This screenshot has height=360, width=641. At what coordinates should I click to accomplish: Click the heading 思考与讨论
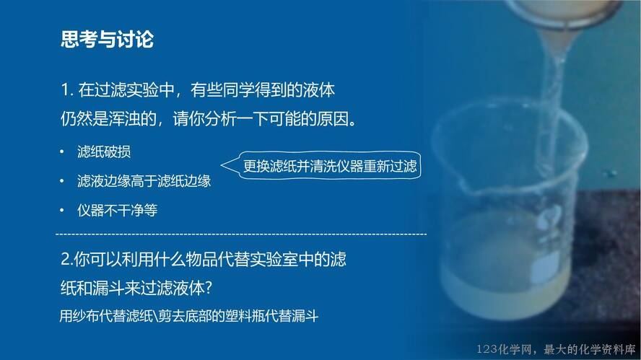click(x=107, y=40)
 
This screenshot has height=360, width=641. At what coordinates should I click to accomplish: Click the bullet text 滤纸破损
click(x=104, y=152)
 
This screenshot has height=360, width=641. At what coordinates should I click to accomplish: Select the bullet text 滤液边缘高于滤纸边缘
click(x=144, y=181)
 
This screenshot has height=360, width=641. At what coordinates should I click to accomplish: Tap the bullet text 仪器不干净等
click(x=118, y=211)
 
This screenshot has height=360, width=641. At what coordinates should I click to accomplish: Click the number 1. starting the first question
click(x=66, y=90)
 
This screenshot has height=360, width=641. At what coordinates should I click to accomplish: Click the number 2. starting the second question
click(x=66, y=260)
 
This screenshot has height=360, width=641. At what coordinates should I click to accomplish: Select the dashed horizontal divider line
click(x=241, y=234)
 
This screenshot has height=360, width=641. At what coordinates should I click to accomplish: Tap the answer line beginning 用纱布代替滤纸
click(x=189, y=316)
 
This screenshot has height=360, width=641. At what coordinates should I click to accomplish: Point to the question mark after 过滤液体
click(x=208, y=289)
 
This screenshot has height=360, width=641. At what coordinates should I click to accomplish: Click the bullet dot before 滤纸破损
click(x=62, y=152)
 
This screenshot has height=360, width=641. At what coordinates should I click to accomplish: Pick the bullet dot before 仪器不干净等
click(x=62, y=211)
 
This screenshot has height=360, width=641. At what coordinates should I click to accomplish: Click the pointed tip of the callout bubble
click(x=221, y=165)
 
